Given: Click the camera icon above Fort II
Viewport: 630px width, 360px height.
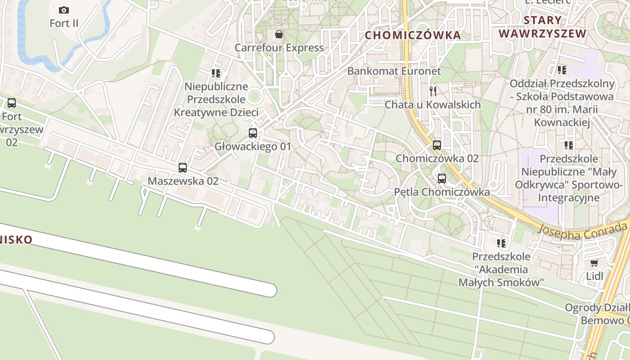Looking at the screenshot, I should point(64,10).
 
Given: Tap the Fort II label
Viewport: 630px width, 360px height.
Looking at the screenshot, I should point(64,23).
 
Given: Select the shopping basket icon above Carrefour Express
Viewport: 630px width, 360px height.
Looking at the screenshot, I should point(279,34).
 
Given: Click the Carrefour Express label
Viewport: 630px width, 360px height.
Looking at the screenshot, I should point(279,48).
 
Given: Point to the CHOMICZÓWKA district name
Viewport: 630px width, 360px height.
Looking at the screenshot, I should point(413,35).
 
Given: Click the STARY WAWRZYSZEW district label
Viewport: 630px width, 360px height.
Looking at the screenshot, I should point(543,27).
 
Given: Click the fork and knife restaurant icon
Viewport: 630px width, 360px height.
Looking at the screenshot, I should point(433,91).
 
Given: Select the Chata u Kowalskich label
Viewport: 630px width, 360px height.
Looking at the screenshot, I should point(432,105).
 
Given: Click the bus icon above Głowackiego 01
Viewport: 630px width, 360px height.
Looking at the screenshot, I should point(253,133).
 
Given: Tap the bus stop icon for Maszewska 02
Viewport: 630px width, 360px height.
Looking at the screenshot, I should point(183,168).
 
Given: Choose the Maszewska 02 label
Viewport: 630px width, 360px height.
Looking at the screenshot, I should point(183,181).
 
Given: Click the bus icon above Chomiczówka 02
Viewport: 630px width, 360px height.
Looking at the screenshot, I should point(437,145).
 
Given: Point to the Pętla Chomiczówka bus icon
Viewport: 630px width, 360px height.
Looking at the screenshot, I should point(442,179).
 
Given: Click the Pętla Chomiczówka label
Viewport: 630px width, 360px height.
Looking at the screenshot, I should point(442,192).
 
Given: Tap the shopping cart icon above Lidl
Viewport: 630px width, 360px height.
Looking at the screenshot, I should point(594,263).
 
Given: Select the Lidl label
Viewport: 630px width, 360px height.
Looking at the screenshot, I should point(594,276).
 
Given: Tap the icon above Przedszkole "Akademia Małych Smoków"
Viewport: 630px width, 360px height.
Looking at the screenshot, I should point(501,243).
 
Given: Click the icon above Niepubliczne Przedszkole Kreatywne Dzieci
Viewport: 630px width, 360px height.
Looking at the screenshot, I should point(216,73).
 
